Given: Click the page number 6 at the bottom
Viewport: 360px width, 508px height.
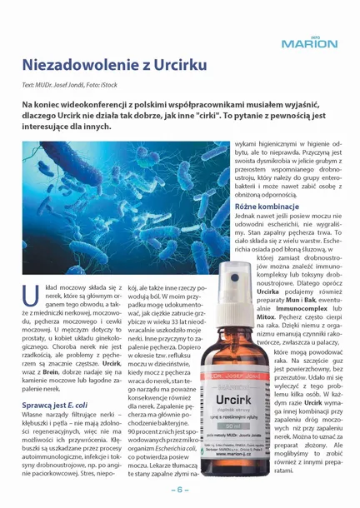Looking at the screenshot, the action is click(x=179, y=491).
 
